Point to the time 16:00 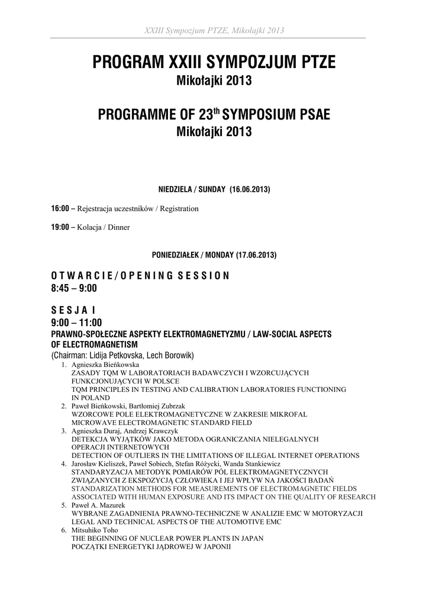pos(60,209)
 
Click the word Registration pos(179,209)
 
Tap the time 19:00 pos(60,227)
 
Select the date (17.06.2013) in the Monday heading pos(256,256)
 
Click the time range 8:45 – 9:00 pos(74,288)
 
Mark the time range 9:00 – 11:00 pos(76,323)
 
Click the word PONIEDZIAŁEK pos(175,256)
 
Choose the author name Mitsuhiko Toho pos(95,531)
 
